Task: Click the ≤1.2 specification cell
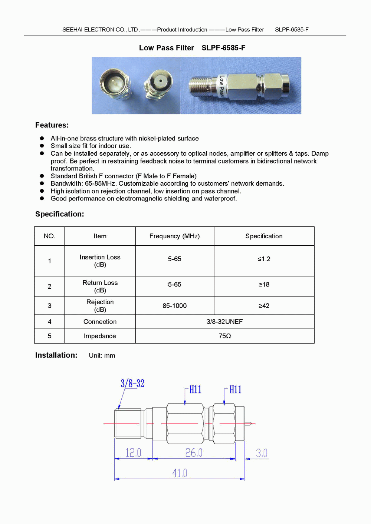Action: tap(264, 259)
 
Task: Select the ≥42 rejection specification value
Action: tap(264, 306)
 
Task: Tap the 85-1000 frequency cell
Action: tap(174, 306)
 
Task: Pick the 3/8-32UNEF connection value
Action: tap(224, 322)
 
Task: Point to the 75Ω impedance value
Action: tap(224, 336)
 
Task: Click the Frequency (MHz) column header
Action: tap(174, 236)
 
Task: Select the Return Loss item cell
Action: tap(100, 286)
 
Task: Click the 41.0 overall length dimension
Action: tap(180, 473)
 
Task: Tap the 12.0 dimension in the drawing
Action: tap(133, 452)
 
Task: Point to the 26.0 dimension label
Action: tap(194, 452)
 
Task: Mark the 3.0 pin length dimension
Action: tap(262, 453)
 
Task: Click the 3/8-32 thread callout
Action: tap(132, 383)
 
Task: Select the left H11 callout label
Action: tap(195, 389)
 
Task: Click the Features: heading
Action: tap(52, 125)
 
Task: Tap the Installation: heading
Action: tap(56, 355)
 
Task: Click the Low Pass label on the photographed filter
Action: tap(221, 86)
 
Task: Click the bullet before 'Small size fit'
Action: tap(42, 146)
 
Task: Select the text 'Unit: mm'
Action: tap(102, 355)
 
